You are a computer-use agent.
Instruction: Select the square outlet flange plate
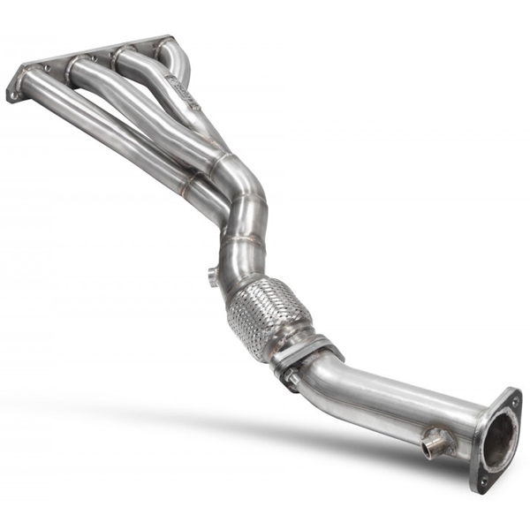pos(496,439)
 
